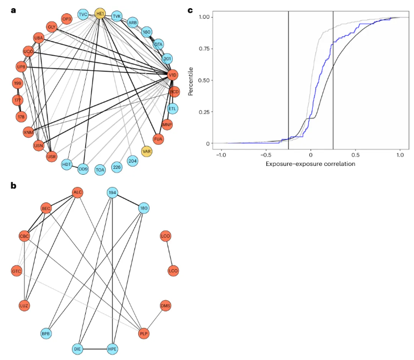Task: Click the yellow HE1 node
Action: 100,13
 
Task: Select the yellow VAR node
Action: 147,151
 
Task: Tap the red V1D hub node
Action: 172,75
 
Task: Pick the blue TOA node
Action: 100,169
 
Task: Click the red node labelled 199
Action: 17,84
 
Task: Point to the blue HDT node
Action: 67,164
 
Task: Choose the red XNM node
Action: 29,133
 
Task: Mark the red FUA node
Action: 159,139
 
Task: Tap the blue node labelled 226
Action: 117,166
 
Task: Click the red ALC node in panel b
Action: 78,192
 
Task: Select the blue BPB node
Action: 46,334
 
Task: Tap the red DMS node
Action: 165,305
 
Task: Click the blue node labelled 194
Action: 112,192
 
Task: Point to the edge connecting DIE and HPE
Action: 95,349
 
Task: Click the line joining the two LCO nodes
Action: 169,254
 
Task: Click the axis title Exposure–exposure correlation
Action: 310,165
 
